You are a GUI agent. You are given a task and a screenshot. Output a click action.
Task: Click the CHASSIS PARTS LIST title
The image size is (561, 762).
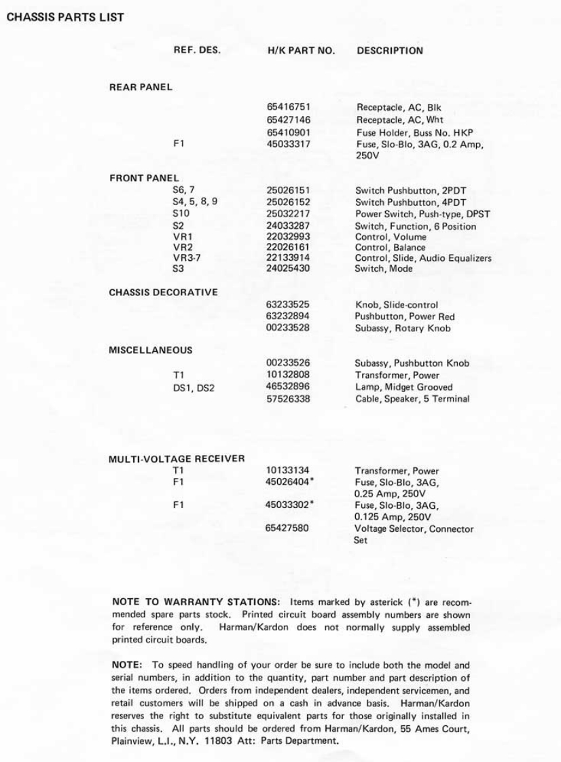pyautogui.click(x=65, y=17)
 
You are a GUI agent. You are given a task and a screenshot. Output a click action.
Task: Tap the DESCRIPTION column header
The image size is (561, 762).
pyautogui.click(x=390, y=50)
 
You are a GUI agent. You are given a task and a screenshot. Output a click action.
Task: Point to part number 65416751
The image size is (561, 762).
pyautogui.click(x=289, y=107)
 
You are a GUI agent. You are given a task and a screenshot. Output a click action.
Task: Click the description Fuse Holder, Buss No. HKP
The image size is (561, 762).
pyautogui.click(x=414, y=132)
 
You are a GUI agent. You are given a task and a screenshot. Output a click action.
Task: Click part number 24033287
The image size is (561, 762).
pyautogui.click(x=289, y=226)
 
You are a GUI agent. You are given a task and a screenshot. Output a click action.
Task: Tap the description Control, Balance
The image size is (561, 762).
pyautogui.click(x=391, y=248)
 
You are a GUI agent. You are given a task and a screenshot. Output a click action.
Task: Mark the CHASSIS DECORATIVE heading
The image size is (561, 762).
pyautogui.click(x=164, y=293)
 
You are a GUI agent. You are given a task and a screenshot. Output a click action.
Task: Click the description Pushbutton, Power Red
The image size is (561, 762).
pyautogui.click(x=405, y=316)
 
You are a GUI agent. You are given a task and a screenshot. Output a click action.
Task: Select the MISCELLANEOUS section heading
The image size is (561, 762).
pyautogui.click(x=150, y=350)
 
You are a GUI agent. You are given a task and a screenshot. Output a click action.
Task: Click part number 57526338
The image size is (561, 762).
pyautogui.click(x=289, y=399)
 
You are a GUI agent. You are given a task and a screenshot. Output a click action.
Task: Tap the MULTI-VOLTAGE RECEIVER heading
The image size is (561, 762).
pyautogui.click(x=177, y=459)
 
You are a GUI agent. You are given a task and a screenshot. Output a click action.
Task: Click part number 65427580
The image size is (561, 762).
pyautogui.click(x=289, y=529)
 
